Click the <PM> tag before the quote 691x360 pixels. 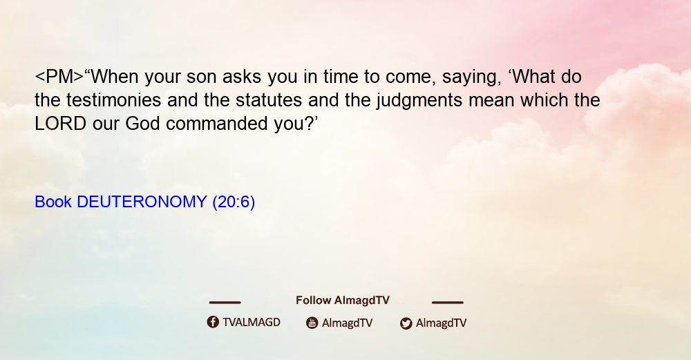click(59, 77)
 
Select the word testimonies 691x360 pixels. click(114, 100)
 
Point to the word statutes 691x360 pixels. click(269, 100)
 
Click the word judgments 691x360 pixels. click(419, 101)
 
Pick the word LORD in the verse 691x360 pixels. click(60, 124)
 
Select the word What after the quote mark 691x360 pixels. click(535, 77)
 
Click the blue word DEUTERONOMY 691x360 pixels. click(142, 202)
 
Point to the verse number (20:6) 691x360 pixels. click(234, 202)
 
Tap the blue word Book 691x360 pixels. click(53, 202)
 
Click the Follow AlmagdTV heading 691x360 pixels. click(343, 301)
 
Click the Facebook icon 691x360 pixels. click(213, 322)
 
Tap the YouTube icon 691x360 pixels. click(312, 323)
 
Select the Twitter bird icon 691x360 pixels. click(406, 323)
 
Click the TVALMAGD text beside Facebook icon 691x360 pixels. click(252, 323)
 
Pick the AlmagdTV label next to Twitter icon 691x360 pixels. click(441, 323)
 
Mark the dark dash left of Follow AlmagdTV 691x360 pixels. click(225, 303)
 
